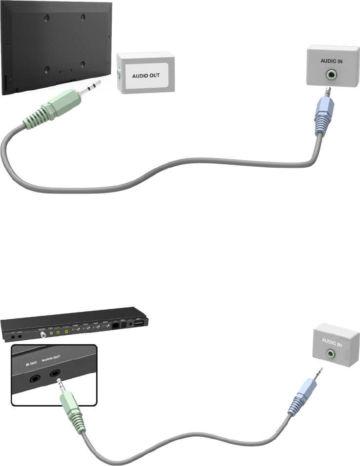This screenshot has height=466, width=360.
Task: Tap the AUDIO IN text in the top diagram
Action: (331, 62)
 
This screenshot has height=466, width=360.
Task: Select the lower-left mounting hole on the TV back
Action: (47, 69)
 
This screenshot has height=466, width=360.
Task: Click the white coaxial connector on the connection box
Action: (48, 334)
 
